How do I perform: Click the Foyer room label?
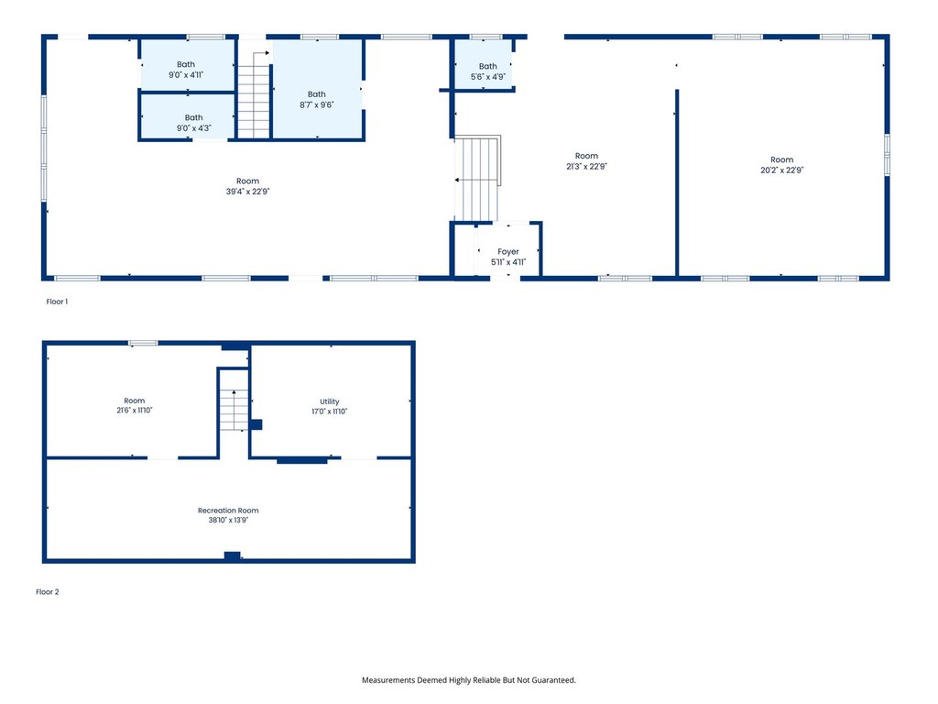507,251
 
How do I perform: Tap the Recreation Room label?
228,510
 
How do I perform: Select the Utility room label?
329,401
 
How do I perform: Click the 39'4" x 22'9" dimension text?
247,192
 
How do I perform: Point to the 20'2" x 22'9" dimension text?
782,170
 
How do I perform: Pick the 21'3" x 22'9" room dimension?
586,167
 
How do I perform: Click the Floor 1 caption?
57,302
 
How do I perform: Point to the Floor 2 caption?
48,592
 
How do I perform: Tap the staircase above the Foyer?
476,179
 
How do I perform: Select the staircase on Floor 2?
234,410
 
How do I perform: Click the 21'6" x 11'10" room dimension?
134,410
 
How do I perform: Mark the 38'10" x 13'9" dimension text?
228,521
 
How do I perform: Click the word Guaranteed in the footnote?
554,680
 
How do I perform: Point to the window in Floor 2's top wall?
143,343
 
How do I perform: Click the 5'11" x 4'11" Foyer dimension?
507,262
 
